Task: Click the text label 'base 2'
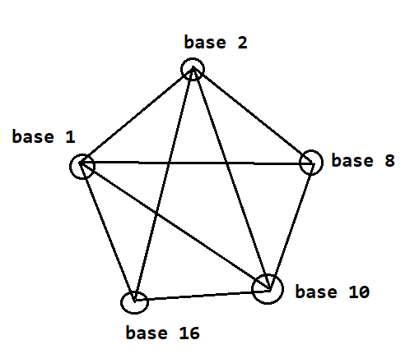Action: coord(216,43)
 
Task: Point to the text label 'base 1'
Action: coord(44,136)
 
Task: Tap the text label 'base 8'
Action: coord(363,160)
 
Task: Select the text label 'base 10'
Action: coord(333,292)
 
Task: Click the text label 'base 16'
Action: coord(162,333)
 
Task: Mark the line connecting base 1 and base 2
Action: coord(137,115)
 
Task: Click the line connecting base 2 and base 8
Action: coord(253,115)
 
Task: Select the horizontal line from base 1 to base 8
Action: coord(196,163)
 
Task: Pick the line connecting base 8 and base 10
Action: coord(291,227)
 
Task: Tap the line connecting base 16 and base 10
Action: coord(202,296)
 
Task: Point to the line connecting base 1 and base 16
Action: coord(107,232)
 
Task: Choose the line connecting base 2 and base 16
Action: coord(164,184)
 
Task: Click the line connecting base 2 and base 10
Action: coord(231,178)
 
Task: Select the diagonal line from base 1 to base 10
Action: coord(175,227)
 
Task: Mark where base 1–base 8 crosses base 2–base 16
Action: coord(170,163)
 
